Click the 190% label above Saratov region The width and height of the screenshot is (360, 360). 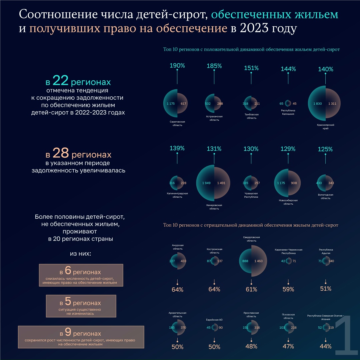pos(177,65)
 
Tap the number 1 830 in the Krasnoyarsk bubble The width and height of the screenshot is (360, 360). pos(317,104)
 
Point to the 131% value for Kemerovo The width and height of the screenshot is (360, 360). pos(214,149)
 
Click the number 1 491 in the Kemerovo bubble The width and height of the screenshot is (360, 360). pos(223,183)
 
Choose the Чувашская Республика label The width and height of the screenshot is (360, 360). pos(251,195)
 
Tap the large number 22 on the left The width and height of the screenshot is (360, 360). pos(60,81)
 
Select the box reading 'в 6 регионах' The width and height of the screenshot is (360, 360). pos(81,275)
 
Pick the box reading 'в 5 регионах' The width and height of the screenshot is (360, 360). pos(81,306)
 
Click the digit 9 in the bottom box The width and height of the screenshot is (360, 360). pos(68,332)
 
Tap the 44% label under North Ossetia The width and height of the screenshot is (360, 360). pos(325,346)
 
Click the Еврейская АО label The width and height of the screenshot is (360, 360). pos(214,320)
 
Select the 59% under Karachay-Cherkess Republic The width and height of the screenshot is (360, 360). pos(288,289)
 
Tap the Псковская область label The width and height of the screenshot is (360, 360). pos(288,316)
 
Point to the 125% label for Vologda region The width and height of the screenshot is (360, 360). pos(325,149)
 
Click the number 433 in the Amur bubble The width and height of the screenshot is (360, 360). pos(183,261)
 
